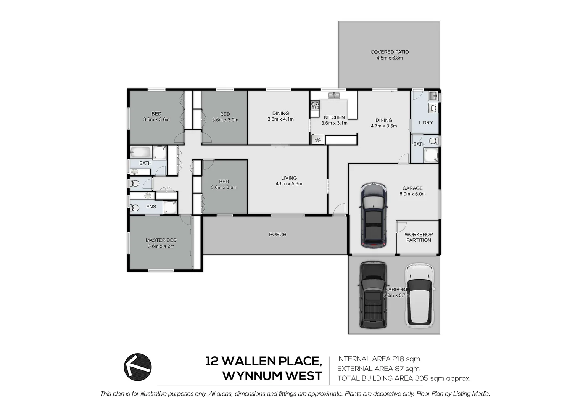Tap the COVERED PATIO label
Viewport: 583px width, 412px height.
coord(389,52)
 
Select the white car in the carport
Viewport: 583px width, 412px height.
coord(419,295)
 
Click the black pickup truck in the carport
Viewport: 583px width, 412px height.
coord(373,295)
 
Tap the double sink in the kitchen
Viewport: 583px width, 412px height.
coord(334,95)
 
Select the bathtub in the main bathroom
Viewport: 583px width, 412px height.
coord(141,153)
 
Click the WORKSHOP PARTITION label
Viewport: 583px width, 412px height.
coord(419,237)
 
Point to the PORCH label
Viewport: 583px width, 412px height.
coord(277,235)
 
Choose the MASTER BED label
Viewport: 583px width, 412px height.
coord(161,240)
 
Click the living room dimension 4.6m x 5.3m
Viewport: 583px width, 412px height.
coord(289,184)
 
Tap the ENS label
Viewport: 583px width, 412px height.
coord(151,207)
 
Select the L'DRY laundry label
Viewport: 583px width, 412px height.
coord(425,123)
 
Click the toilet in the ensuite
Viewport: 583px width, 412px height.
coord(134,208)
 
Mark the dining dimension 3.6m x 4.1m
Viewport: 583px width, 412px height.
coord(280,119)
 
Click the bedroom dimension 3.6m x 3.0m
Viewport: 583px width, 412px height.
coord(225,120)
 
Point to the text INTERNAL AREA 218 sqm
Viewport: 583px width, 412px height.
coord(378,359)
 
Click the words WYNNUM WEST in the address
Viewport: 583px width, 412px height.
coord(272,376)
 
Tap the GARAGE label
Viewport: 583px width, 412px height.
coord(412,188)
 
